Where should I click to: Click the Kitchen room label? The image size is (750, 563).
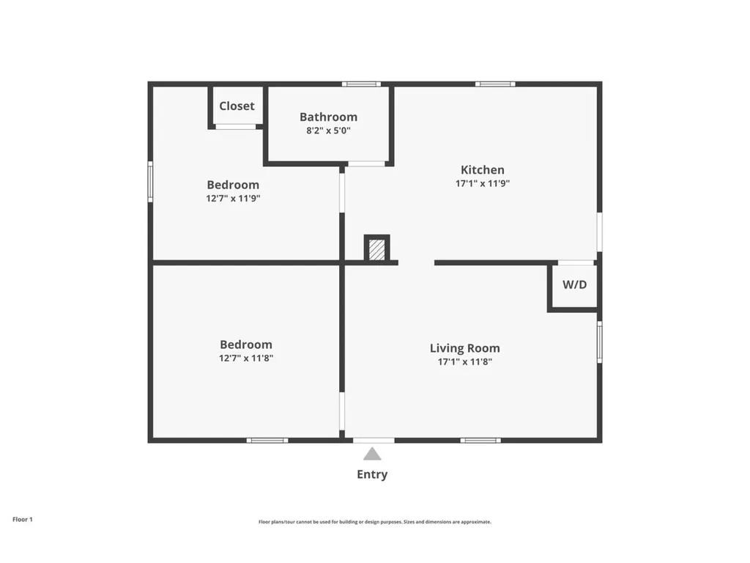[x=482, y=170]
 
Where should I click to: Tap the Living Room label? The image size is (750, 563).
[x=464, y=348]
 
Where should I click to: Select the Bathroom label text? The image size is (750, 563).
[x=328, y=117]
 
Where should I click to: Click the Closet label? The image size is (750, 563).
[x=237, y=106]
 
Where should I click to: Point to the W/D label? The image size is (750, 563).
[x=574, y=284]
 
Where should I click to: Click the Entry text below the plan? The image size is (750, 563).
[x=372, y=474]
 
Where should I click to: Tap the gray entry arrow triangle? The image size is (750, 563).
[x=372, y=454]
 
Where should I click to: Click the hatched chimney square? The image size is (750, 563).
[x=376, y=249]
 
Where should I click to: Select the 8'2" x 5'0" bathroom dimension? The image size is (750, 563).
[x=328, y=131]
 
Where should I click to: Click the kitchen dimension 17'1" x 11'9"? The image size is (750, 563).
[x=482, y=184]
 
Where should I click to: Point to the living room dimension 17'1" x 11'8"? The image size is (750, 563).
[x=464, y=361]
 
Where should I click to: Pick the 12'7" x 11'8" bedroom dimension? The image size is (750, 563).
[x=246, y=358]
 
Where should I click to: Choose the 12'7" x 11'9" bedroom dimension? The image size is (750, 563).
[x=233, y=198]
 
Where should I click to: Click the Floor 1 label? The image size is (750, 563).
[x=23, y=519]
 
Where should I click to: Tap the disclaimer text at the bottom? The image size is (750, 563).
[x=374, y=522]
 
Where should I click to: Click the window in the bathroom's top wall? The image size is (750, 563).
[x=361, y=84]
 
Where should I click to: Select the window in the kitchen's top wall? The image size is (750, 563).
[x=495, y=84]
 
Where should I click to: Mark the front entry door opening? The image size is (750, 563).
[x=374, y=440]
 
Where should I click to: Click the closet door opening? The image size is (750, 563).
[x=235, y=127]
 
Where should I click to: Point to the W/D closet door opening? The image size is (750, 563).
[x=576, y=262]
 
